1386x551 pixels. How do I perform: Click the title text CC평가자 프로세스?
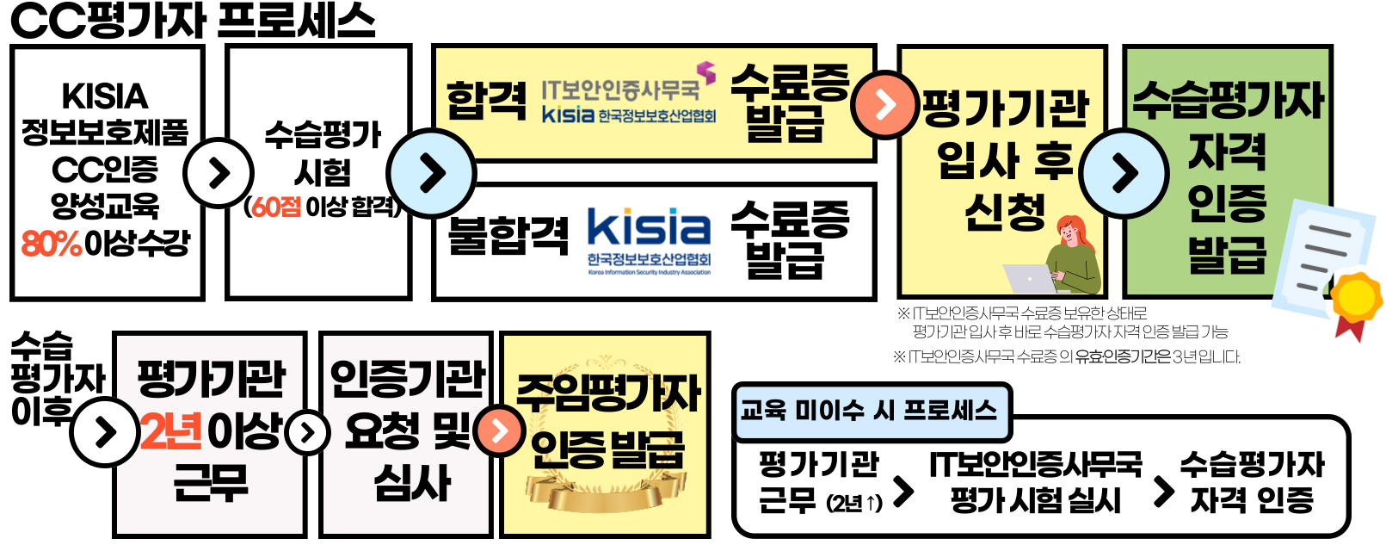pos(193,21)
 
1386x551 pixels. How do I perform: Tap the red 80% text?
pos(52,244)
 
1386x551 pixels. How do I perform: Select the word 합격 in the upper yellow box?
pos(486,102)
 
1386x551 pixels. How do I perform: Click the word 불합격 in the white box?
pos(508,235)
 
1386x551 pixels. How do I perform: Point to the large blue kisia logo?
pos(649,229)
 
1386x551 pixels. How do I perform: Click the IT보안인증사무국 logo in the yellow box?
pos(628,99)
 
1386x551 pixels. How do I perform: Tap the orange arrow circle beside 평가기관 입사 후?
pos(884,105)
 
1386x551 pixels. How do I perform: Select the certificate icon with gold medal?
pos(1325,267)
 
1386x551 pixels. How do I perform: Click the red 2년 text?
pos(171,431)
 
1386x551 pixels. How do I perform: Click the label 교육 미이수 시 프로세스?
pos(869,411)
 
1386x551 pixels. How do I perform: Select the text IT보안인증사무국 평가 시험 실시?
pos(1036,482)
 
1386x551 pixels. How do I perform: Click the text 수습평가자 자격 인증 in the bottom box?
pos(1252,482)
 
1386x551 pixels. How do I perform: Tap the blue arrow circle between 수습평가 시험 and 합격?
pos(431,173)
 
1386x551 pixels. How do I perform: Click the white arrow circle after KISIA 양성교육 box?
pos(219,173)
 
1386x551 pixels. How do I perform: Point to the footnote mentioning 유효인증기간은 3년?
pos(1067,356)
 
